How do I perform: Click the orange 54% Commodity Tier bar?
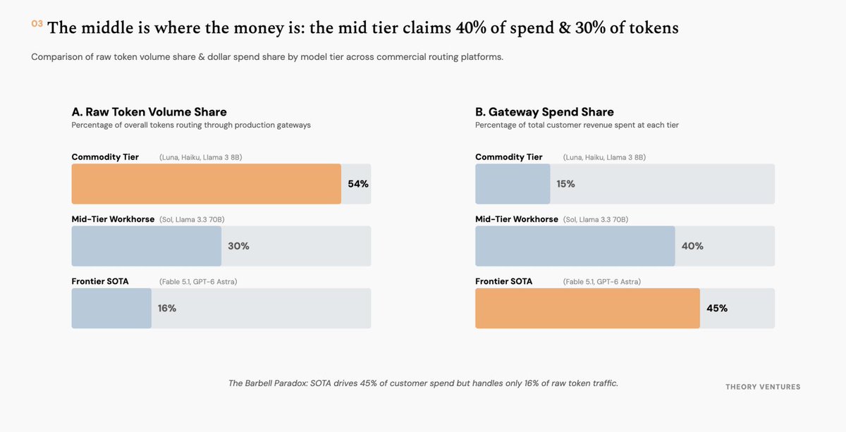coord(206,184)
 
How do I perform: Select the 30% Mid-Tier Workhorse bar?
coord(147,246)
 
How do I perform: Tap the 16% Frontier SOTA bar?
coord(111,308)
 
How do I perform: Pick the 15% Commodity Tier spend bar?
coord(513,184)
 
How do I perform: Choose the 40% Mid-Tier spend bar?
coord(575,246)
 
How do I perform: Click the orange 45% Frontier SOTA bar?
coord(588,308)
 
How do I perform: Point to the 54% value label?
coord(358,184)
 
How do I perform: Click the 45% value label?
coord(717,308)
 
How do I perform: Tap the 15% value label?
coord(565,184)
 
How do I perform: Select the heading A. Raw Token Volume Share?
coord(149,112)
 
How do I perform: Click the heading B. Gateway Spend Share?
coord(544,112)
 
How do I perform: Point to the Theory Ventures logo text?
coord(763,387)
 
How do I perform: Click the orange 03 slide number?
coord(37,24)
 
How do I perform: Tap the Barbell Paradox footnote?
coord(423,383)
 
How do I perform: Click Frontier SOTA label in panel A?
coord(100,281)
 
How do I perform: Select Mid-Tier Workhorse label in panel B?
coord(517,219)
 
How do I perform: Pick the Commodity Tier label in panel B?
coord(509,156)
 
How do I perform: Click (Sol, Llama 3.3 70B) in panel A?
coord(192,219)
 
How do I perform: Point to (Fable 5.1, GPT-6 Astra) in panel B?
coord(601,282)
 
